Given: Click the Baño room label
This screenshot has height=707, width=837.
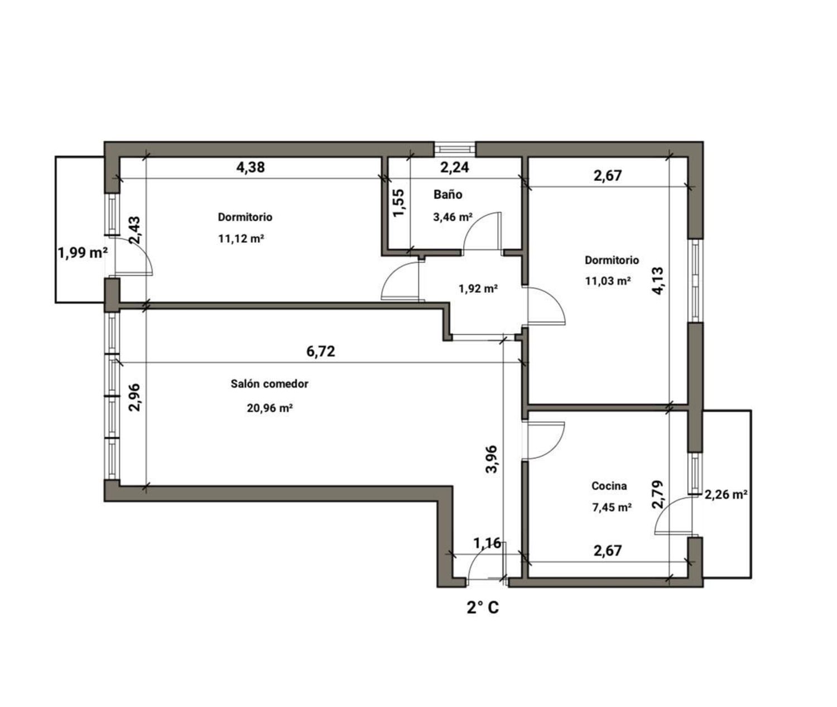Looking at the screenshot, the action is (448, 194).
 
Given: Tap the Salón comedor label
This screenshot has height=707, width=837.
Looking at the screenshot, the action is (270, 384).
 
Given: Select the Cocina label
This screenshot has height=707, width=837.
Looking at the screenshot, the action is (609, 486).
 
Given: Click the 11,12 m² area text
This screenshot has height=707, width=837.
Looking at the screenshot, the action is (241, 239).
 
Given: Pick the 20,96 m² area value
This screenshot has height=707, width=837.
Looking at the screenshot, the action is (270, 408).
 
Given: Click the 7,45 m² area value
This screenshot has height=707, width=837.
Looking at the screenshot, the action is (612, 508).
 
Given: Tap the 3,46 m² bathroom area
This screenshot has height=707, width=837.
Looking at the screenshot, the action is (453, 217).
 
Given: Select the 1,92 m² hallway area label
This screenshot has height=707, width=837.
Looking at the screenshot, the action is (478, 288).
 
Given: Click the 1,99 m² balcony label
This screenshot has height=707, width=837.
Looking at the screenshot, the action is (83, 253).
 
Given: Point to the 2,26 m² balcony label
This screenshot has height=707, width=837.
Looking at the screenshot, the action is (726, 494).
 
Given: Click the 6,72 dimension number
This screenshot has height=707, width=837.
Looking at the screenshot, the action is (321, 351).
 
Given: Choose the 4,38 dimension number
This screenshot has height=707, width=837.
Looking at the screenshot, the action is (251, 167).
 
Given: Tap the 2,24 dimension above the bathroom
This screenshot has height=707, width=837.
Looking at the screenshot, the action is (455, 167).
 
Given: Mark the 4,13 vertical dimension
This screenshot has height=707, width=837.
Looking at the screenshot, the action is (658, 281).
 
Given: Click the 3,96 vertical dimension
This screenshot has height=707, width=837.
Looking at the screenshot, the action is (492, 459).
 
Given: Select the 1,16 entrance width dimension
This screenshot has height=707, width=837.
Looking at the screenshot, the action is (488, 543).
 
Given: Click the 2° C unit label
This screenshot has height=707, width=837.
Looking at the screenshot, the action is (483, 608).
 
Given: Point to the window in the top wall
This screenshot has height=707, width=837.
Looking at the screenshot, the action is (455, 149).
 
